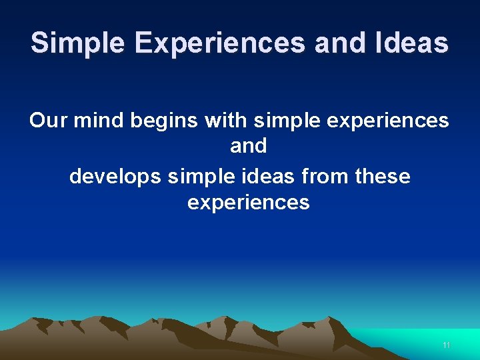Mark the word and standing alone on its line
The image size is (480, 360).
click(248, 146)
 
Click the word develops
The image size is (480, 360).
click(115, 177)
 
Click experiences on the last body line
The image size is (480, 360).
click(248, 203)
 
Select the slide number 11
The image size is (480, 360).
click(447, 345)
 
